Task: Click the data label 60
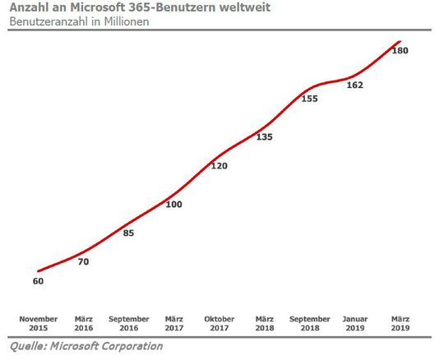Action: [38, 281]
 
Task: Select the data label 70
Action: [83, 262]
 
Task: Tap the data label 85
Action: [127, 233]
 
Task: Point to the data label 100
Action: [173, 204]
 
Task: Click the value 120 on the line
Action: [220, 166]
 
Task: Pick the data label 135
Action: [265, 137]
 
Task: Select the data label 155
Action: [310, 99]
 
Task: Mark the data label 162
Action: [355, 85]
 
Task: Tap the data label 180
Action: [400, 51]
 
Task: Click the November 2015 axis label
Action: [38, 323]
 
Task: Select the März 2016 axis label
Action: [83, 323]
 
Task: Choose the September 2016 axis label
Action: [128, 323]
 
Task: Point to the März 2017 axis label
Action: [173, 323]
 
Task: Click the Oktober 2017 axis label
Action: [220, 323]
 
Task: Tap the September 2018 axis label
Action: [310, 323]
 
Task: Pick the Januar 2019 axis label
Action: [355, 323]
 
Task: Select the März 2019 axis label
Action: [400, 323]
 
